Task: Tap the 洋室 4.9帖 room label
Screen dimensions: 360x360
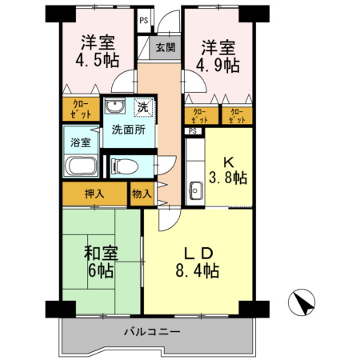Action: [218, 56]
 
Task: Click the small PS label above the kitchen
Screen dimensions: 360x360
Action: [193, 131]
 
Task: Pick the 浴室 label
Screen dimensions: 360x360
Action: [80, 142]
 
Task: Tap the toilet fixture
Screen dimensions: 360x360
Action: [120, 166]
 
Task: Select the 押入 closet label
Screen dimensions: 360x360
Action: [94, 194]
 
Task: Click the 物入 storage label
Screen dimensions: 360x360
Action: [141, 194]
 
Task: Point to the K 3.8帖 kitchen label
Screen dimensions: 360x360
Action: [226, 169]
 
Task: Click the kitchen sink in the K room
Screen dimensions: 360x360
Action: [194, 191]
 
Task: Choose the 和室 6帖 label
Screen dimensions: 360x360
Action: [102, 262]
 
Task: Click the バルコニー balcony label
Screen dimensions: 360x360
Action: [152, 330]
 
